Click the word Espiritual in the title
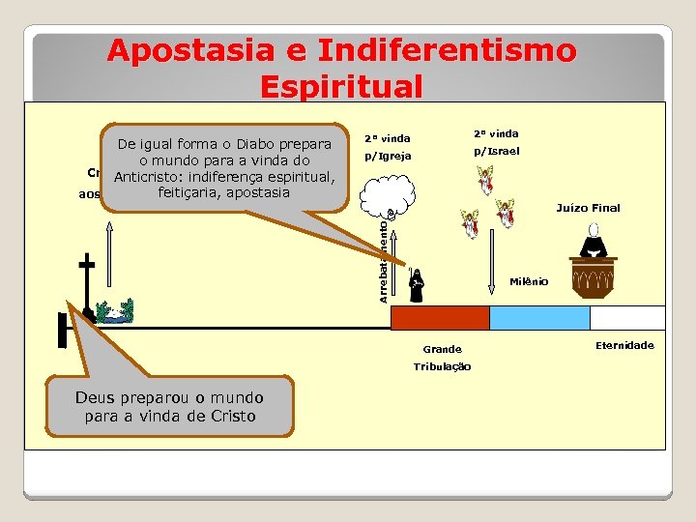pos(341,87)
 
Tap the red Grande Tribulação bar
pos(439,318)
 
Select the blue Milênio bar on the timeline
pos(538,318)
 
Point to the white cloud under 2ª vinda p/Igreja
pos(384,194)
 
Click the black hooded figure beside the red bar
pos(416,286)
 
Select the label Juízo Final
pos(589,208)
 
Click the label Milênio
pos(529,281)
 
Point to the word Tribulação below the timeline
pos(442,366)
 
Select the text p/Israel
pos(496,151)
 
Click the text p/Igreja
pos(387,156)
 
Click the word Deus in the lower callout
pos(97,398)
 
